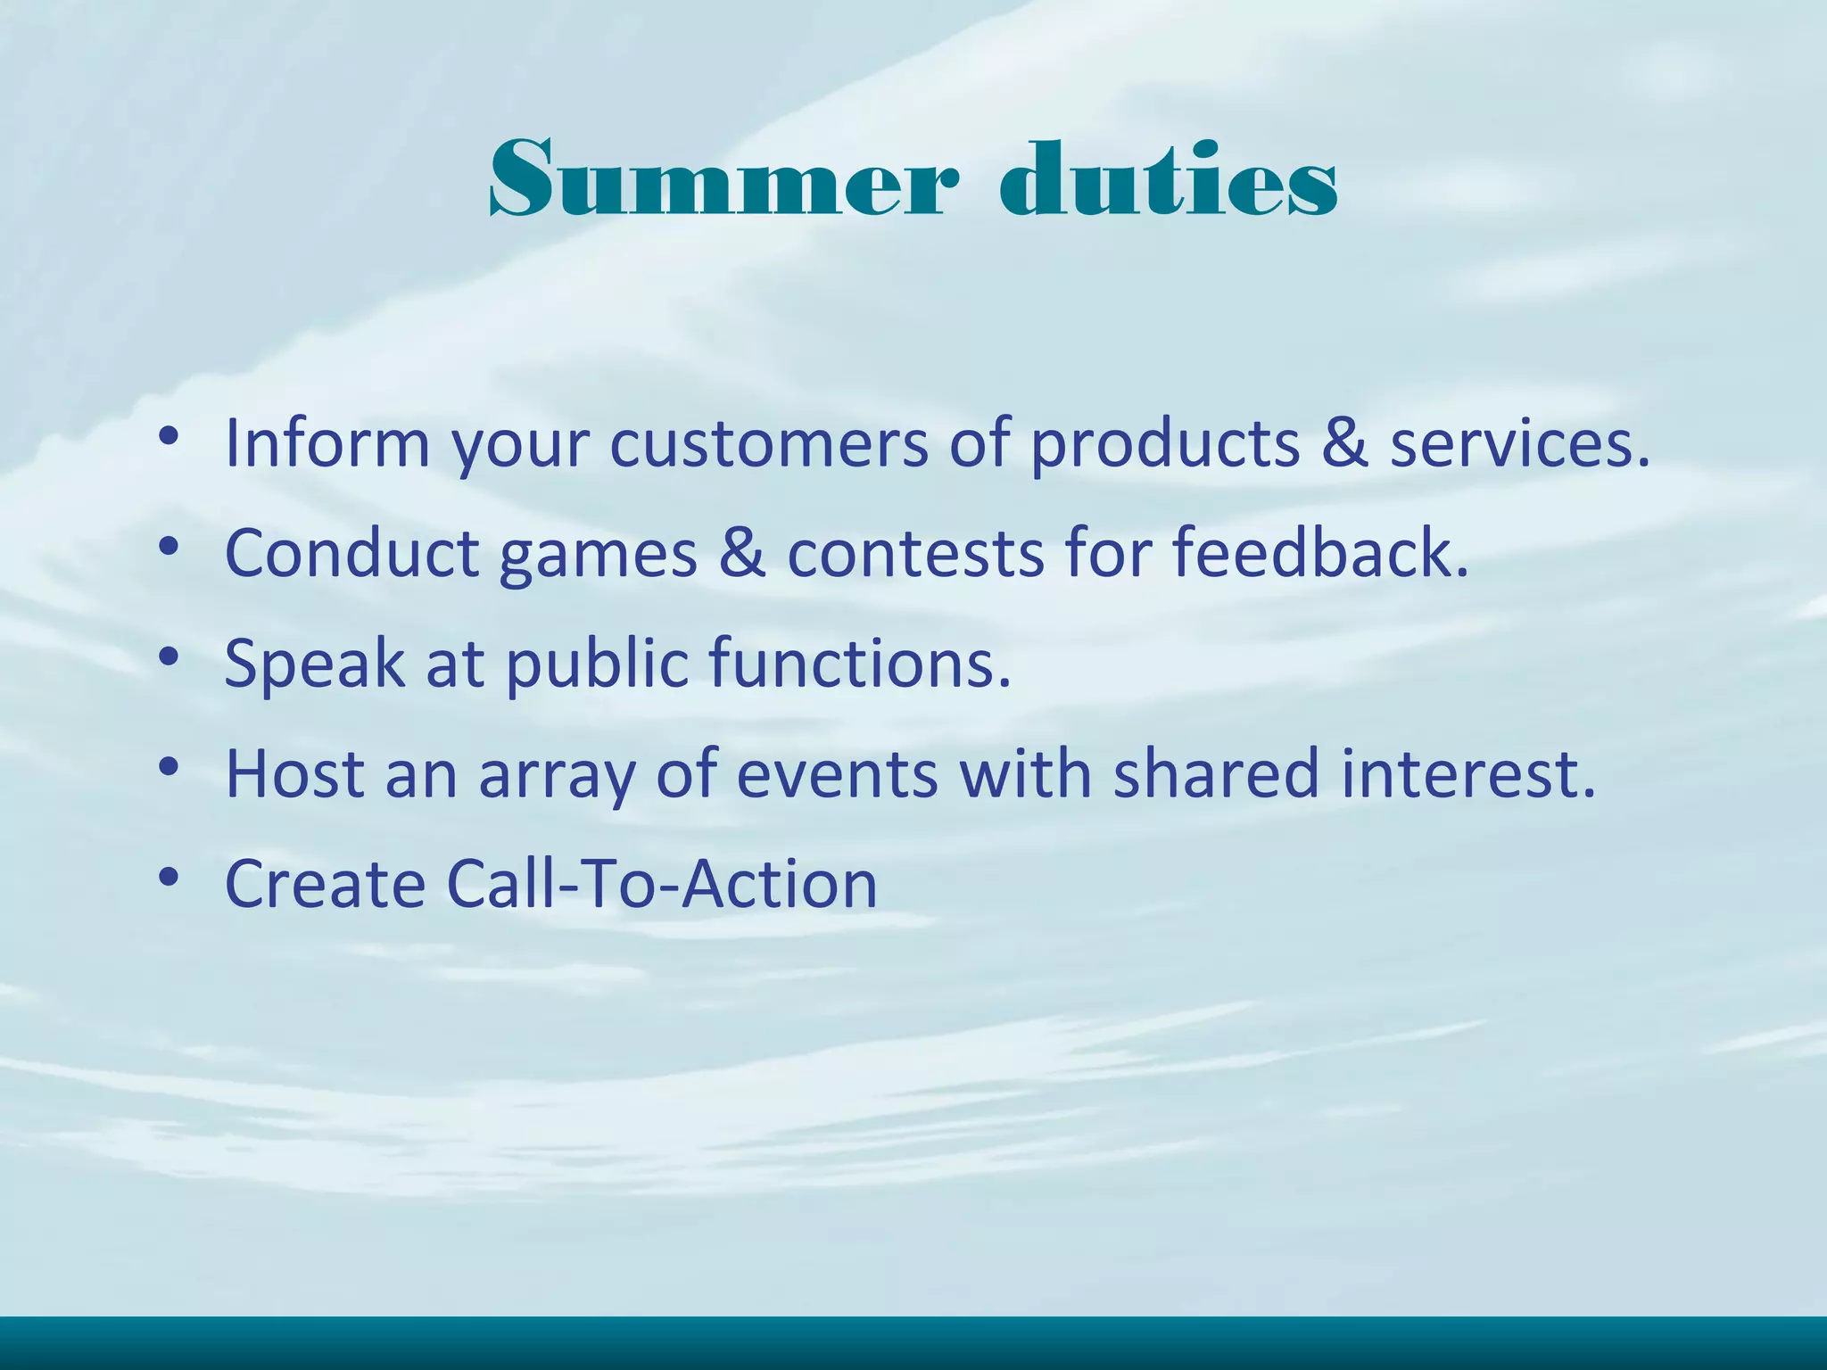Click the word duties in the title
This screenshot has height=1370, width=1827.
point(1169,180)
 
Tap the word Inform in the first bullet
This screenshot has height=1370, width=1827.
point(327,443)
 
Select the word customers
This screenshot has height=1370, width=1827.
point(769,443)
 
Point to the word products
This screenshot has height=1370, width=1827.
point(1165,443)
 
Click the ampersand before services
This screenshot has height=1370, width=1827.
point(1344,443)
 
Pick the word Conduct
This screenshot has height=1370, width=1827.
point(352,553)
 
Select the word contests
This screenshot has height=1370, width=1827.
point(915,553)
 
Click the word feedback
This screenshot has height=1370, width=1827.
point(1319,553)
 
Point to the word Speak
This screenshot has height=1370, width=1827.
point(314,664)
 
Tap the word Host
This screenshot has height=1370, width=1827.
point(295,773)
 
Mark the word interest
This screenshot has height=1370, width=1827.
point(1467,773)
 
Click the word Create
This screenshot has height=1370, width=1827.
point(325,884)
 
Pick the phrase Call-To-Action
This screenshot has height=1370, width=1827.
point(662,884)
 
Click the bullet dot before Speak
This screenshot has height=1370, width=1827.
point(169,657)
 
